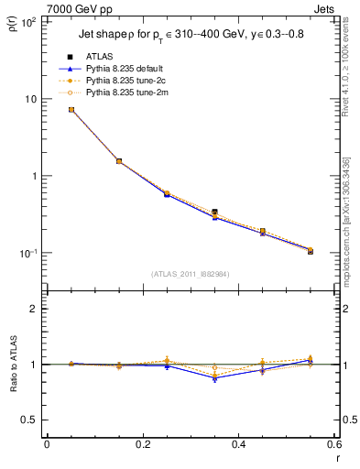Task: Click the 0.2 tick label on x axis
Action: (143, 445)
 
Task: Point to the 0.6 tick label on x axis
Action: (333, 445)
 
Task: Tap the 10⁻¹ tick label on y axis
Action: (27, 253)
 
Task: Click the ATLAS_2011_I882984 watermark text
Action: (190, 273)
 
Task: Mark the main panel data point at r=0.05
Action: (71, 109)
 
